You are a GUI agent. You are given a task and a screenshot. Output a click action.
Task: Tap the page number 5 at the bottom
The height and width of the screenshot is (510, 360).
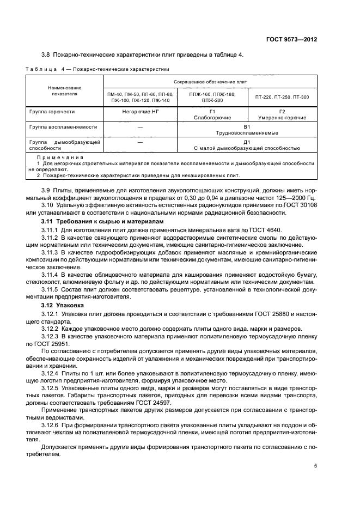(315, 466)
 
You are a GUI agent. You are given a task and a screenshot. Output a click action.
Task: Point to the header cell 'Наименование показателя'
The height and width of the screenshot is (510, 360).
(64, 90)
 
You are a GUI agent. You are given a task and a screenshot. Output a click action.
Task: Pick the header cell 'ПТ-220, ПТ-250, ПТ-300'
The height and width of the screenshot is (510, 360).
(282, 97)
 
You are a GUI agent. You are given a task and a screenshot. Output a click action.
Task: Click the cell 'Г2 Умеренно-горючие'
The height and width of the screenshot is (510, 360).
(282, 114)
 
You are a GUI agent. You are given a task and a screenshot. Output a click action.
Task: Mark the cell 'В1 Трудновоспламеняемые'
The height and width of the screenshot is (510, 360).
(246, 130)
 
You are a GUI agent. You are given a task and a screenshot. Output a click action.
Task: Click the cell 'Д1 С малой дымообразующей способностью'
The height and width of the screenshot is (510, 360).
(246, 145)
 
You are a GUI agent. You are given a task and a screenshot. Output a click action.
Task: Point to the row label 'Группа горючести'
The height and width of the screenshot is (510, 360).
(52, 111)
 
